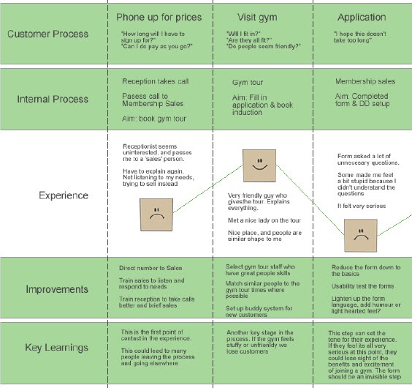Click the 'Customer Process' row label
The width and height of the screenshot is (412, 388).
47,34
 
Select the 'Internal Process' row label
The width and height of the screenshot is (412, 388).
53,99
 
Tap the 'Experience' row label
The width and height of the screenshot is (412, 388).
64,195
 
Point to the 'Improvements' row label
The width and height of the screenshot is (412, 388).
57,289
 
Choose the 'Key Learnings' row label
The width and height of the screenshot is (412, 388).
56,348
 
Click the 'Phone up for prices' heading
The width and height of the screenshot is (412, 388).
159,17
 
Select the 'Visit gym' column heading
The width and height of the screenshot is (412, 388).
257,18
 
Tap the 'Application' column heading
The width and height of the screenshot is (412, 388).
362,18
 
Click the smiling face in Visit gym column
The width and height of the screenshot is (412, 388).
259,165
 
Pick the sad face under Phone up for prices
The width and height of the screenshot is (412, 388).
156,214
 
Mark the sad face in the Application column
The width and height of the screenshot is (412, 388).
361,236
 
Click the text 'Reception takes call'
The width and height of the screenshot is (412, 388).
156,81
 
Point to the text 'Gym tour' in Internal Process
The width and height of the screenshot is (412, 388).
248,83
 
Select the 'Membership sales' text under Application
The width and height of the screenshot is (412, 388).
365,81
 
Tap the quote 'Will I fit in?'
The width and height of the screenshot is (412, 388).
243,34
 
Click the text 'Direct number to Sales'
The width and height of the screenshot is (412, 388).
150,268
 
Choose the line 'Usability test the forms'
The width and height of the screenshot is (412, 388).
362,286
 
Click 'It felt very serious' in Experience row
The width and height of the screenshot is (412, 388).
362,206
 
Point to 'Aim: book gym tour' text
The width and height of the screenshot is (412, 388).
154,119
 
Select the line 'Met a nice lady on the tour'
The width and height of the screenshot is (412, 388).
264,220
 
